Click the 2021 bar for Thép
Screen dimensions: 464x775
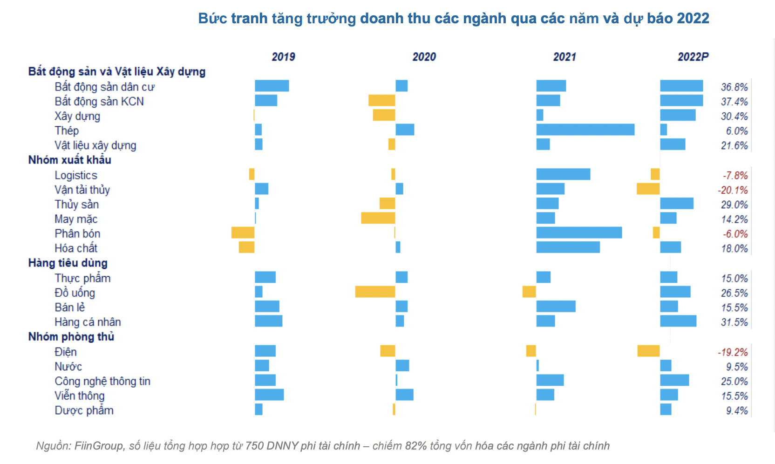[x=585, y=130]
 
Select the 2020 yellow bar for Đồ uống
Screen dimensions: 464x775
[x=375, y=292]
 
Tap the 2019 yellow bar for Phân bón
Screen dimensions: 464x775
[x=243, y=233]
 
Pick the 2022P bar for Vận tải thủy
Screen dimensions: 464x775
[x=648, y=189]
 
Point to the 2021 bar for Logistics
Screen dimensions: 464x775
[x=563, y=174]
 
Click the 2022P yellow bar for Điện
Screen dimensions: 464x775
[x=648, y=351]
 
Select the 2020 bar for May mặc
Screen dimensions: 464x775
[x=378, y=218]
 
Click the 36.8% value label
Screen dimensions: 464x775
[x=734, y=87]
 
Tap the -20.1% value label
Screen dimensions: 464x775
[x=733, y=190]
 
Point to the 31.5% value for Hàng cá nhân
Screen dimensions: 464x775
[x=734, y=322]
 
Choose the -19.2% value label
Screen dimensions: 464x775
[x=733, y=352]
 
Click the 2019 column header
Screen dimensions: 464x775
[x=283, y=57]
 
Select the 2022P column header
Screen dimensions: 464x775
[x=693, y=57]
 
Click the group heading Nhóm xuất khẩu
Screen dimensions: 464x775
[x=69, y=160]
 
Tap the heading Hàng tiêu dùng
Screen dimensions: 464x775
[x=68, y=263]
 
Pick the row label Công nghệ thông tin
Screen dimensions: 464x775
[x=102, y=381]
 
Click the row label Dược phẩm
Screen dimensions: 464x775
[x=84, y=410]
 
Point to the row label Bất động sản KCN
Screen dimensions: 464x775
[x=99, y=102]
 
